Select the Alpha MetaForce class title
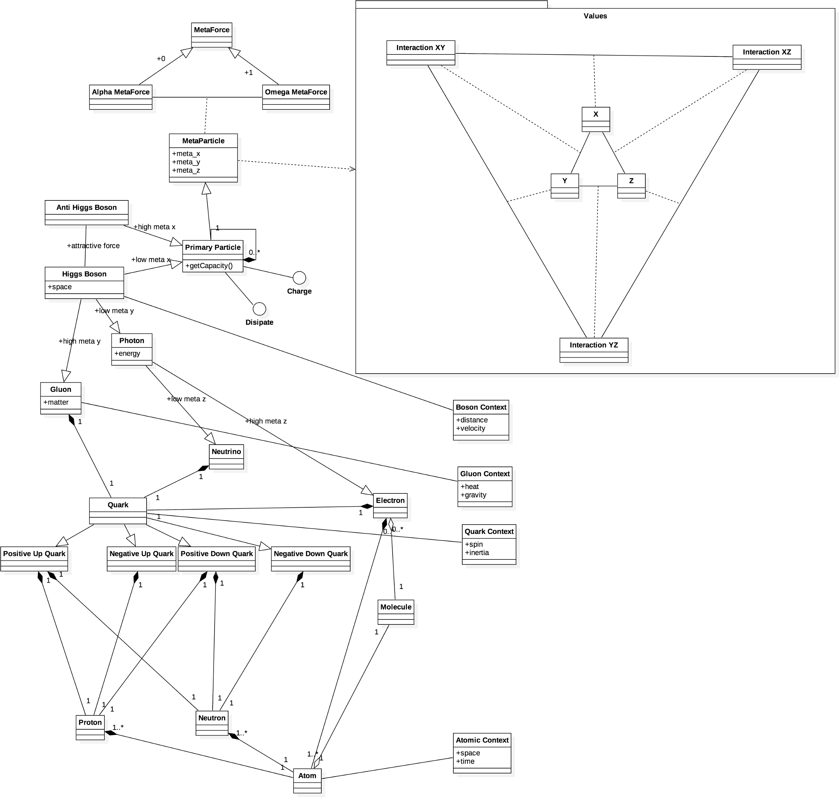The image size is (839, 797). click(121, 92)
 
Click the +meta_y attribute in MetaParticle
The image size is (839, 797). click(186, 162)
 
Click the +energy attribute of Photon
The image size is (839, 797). click(127, 353)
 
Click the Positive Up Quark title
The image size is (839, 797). click(34, 553)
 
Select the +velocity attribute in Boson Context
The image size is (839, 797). click(471, 428)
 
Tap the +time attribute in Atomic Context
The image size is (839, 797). click(465, 761)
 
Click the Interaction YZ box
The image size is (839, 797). click(594, 350)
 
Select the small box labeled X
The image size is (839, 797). click(596, 119)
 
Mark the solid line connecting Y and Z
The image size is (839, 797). click(598, 186)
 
